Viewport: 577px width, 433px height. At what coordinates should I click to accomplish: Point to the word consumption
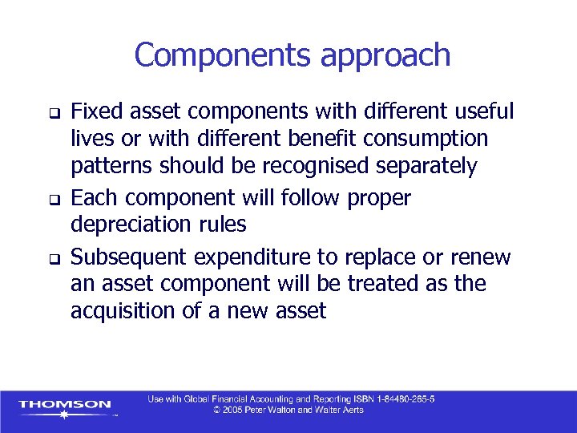pos(425,139)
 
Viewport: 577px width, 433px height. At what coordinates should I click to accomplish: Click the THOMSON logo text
pos(65,404)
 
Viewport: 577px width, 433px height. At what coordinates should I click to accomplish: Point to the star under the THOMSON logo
pos(65,415)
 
